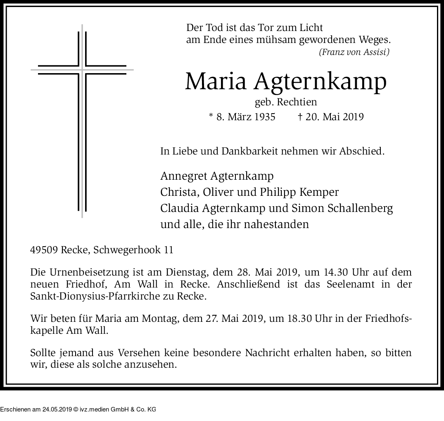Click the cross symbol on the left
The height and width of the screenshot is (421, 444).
[x=82, y=120]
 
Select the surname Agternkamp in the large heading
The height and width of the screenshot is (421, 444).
[x=321, y=82]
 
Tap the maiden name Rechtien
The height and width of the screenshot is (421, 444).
[x=297, y=102]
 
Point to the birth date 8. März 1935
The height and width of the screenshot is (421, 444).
[x=245, y=117]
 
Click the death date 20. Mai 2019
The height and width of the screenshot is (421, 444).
[x=335, y=117]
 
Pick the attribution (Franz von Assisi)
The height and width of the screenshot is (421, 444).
[x=354, y=52]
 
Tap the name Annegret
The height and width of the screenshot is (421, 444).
[x=183, y=176]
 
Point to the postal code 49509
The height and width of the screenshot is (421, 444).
[x=44, y=250]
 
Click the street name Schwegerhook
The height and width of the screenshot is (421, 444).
[x=128, y=250]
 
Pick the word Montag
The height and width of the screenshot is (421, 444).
[x=158, y=319]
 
